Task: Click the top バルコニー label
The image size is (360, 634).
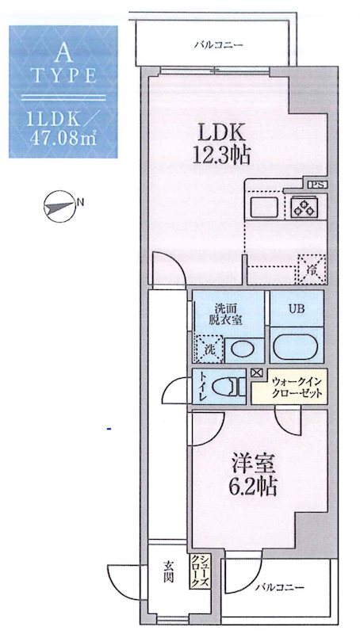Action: pyautogui.click(x=219, y=44)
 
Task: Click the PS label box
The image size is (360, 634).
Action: pyautogui.click(x=316, y=185)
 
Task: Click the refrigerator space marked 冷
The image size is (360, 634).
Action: pyautogui.click(x=310, y=268)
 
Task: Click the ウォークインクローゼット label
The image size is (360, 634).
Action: pyautogui.click(x=289, y=388)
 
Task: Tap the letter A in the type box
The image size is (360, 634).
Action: pyautogui.click(x=64, y=53)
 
